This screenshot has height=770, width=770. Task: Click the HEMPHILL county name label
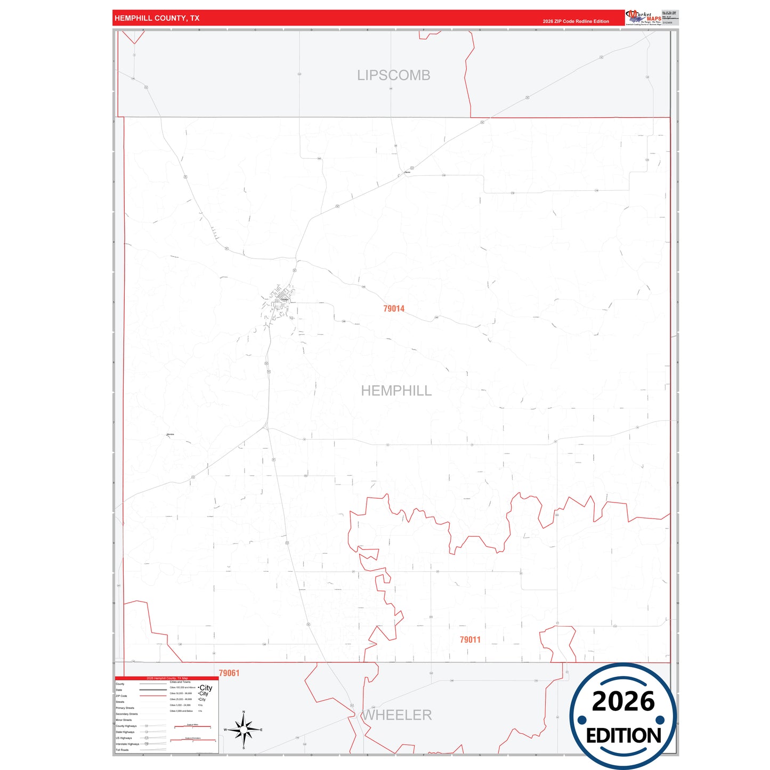click(396, 391)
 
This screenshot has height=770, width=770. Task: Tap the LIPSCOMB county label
click(393, 75)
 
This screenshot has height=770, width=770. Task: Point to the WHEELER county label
click(398, 715)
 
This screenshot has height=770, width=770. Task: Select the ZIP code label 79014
click(394, 309)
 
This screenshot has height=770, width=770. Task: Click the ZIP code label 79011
click(470, 639)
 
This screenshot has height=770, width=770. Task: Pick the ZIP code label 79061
click(229, 673)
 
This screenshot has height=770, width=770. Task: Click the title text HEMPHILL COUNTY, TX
click(157, 18)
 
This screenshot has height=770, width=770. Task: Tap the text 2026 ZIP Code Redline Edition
click(576, 21)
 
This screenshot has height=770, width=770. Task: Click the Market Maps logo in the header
click(644, 18)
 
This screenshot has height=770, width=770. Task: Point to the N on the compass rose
click(244, 712)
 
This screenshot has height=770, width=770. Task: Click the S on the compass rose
click(244, 748)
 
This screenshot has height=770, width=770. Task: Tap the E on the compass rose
click(261, 730)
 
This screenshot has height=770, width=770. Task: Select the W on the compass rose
click(225, 730)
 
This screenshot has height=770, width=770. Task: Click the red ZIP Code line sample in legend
click(153, 696)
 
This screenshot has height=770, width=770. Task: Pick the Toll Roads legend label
click(122, 750)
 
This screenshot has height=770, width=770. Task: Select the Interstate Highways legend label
click(127, 744)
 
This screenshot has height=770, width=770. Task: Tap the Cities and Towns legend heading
click(180, 682)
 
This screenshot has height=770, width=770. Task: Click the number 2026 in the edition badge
click(623, 701)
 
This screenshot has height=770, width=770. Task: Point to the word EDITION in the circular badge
click(623, 736)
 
